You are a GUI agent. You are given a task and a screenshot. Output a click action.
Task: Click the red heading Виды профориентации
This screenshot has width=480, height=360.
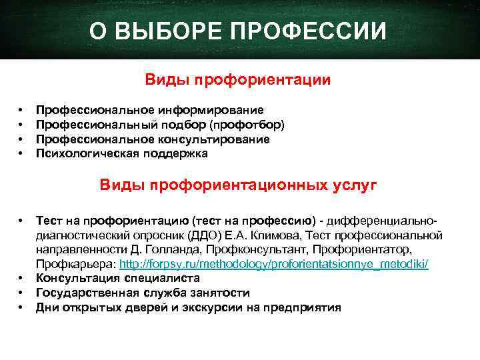pyautogui.click(x=239, y=80)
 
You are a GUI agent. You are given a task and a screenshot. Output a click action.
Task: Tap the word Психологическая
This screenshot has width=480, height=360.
pyautogui.click(x=79, y=154)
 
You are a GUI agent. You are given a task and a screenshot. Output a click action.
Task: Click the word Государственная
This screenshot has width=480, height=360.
pyautogui.click(x=83, y=293)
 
